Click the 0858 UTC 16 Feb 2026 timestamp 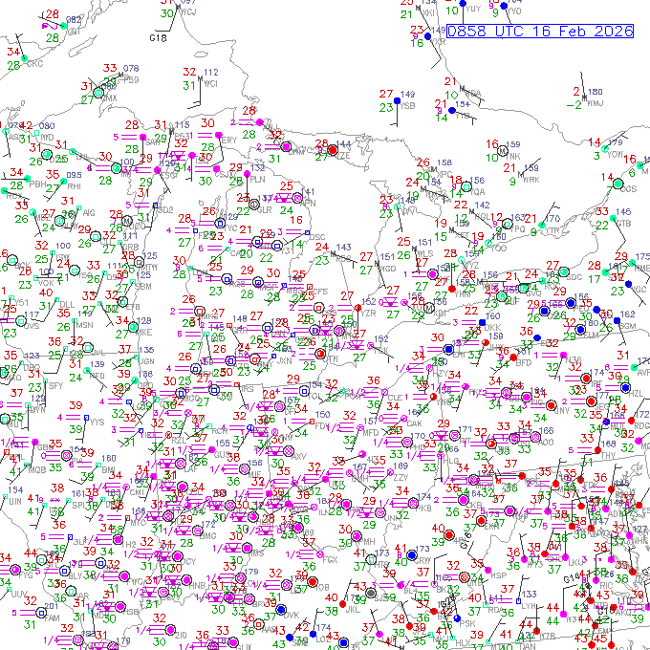540,31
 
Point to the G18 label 158,37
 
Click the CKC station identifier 35,64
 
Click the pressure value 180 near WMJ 595,92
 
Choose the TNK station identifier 513,156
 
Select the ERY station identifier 228,140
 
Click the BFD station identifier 524,363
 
